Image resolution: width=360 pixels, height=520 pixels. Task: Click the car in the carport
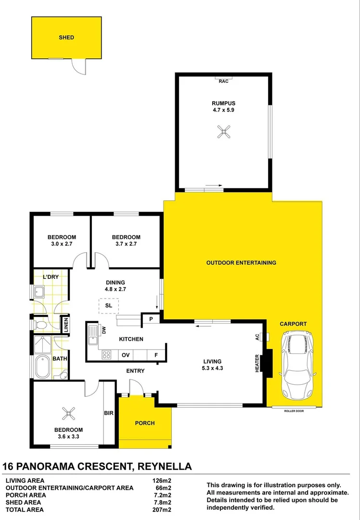click(298, 365)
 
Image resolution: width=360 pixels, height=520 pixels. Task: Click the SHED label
click(66, 37)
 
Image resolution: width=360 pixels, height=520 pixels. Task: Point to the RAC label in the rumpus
click(223, 81)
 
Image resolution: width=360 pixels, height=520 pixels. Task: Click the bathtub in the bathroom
click(42, 367)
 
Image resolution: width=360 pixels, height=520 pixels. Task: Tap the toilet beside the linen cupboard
click(40, 325)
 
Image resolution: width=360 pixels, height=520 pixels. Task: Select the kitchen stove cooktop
click(107, 355)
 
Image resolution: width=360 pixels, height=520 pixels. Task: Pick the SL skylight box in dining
click(109, 306)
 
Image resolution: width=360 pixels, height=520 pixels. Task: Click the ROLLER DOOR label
click(295, 411)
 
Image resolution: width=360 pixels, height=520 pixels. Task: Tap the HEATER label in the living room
click(257, 363)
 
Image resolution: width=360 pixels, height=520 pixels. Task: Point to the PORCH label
click(144, 423)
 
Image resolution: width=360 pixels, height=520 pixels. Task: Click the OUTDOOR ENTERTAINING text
click(241, 263)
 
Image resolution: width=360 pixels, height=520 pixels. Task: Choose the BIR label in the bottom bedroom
click(109, 413)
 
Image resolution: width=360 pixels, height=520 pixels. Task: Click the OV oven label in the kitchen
click(126, 355)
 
